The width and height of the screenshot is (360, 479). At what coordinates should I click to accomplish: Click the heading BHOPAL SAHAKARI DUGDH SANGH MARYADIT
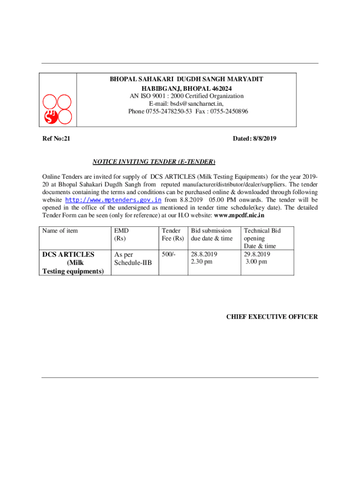[186, 80]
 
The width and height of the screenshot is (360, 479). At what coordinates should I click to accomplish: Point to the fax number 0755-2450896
[230, 111]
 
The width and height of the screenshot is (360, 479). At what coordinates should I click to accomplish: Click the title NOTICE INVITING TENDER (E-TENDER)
[154, 162]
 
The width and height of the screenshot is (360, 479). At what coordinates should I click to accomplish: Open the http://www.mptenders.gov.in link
[113, 200]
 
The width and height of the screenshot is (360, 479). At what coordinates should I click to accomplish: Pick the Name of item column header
[60, 231]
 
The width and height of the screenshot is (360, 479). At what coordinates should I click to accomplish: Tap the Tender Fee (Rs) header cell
[173, 234]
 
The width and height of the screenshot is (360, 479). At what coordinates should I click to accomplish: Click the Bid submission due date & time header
[211, 234]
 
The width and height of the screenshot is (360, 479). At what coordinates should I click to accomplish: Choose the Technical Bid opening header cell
[262, 238]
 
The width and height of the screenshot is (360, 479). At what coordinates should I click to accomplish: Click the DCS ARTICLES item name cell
[72, 262]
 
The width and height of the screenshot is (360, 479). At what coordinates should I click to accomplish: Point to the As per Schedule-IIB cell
[133, 258]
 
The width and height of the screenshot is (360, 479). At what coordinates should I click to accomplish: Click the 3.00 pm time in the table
[257, 262]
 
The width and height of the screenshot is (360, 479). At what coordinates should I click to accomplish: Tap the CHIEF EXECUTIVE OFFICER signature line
[272, 317]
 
